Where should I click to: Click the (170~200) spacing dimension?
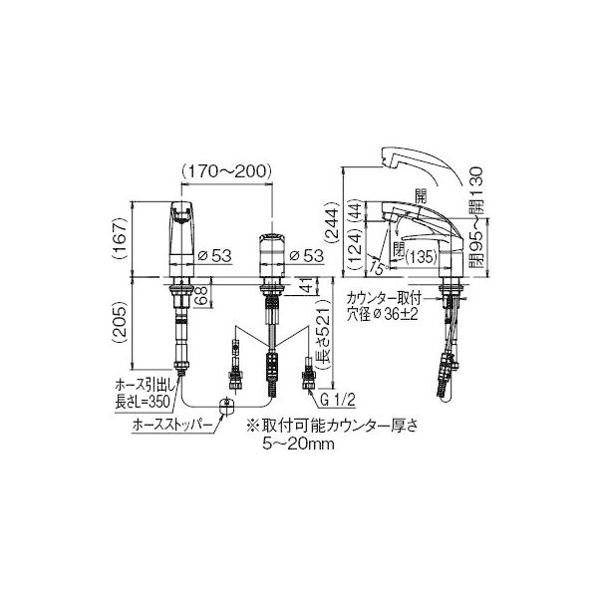point(226,171)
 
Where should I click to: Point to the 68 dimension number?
point(203,295)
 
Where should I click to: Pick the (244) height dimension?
point(332,221)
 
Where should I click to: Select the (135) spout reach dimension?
point(421,257)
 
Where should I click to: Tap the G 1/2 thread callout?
point(338,401)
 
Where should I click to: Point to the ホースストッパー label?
point(171,425)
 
